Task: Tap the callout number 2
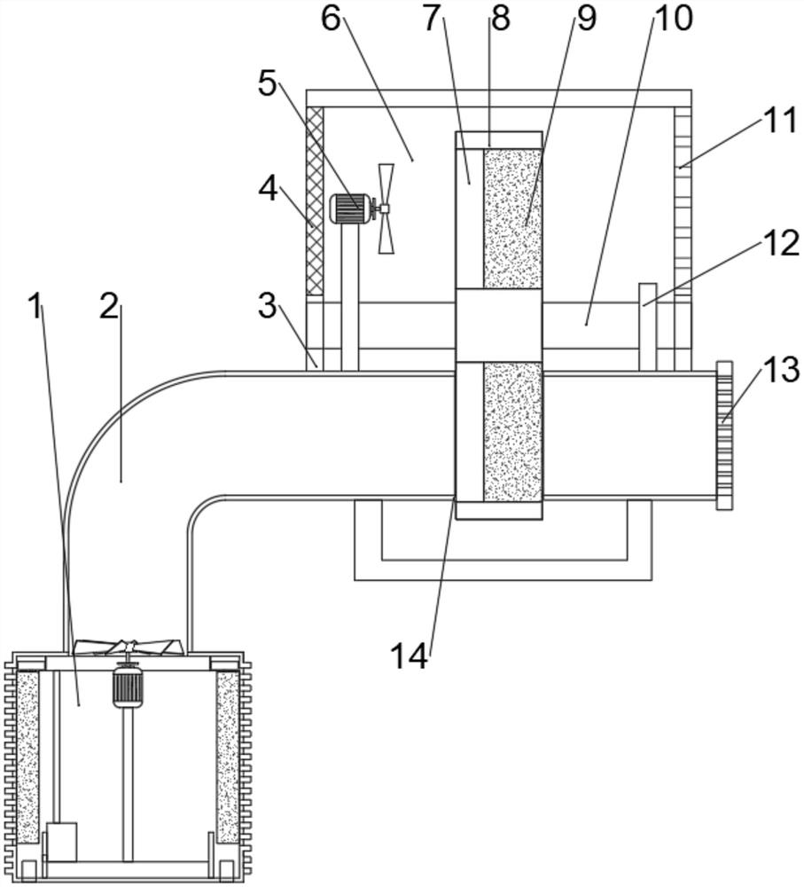point(109,306)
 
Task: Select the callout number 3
point(268,306)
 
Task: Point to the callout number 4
point(268,189)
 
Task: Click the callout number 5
point(268,84)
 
